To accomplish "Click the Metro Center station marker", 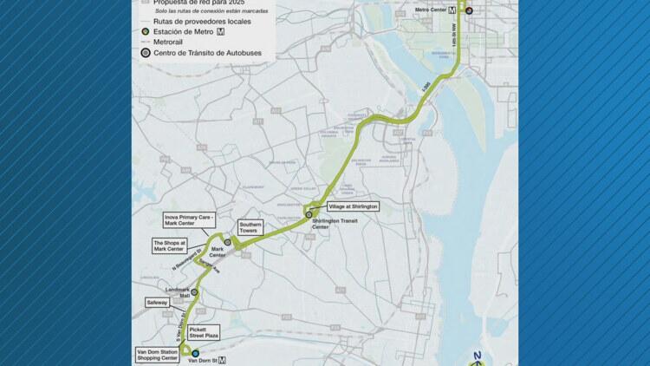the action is click(469, 10).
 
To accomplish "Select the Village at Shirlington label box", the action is click(353, 206).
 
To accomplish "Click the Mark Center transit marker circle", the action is click(227, 244).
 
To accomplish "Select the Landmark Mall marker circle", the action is click(194, 293).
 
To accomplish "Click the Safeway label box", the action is click(158, 303).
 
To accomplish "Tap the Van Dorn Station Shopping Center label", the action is click(157, 354).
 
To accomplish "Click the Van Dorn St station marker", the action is click(195, 354).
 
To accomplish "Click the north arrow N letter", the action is click(477, 356).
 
